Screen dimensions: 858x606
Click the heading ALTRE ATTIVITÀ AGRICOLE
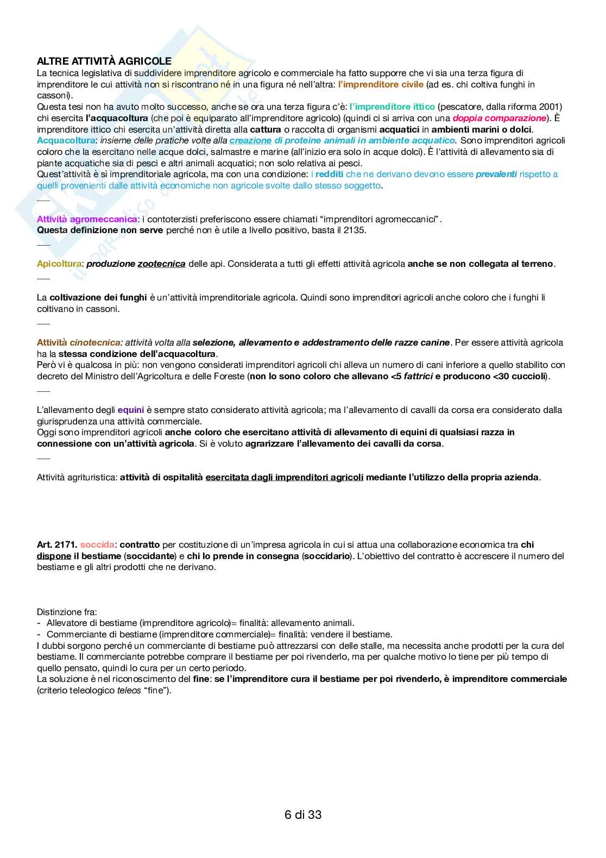pyautogui.click(x=104, y=61)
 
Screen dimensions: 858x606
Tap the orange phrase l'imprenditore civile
pyautogui.click(x=380, y=84)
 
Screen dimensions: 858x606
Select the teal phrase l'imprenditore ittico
pyautogui.click(x=392, y=107)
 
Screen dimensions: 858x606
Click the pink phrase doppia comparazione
pyautogui.click(x=499, y=118)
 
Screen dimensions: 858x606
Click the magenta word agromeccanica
pyautogui.click(x=103, y=219)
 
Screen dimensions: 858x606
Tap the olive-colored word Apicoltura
pyautogui.click(x=59, y=264)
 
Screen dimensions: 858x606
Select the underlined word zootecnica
pyautogui.click(x=161, y=264)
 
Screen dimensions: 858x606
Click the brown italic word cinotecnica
pyautogui.click(x=95, y=342)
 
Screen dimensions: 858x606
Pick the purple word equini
pyautogui.click(x=130, y=410)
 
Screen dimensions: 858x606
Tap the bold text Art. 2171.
pyautogui.click(x=56, y=544)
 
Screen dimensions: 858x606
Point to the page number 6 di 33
pyautogui.click(x=303, y=815)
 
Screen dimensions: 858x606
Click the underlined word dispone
pyautogui.click(x=54, y=556)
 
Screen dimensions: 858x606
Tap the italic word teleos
pyautogui.click(x=129, y=691)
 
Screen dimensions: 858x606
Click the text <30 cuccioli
pyautogui.click(x=520, y=376)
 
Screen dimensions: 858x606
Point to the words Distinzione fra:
pyautogui.click(x=67, y=612)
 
